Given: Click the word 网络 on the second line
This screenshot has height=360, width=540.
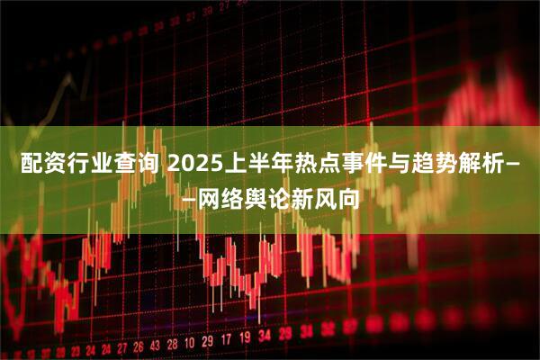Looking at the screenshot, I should [220, 198].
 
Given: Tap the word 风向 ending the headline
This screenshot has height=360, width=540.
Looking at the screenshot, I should [333, 198].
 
